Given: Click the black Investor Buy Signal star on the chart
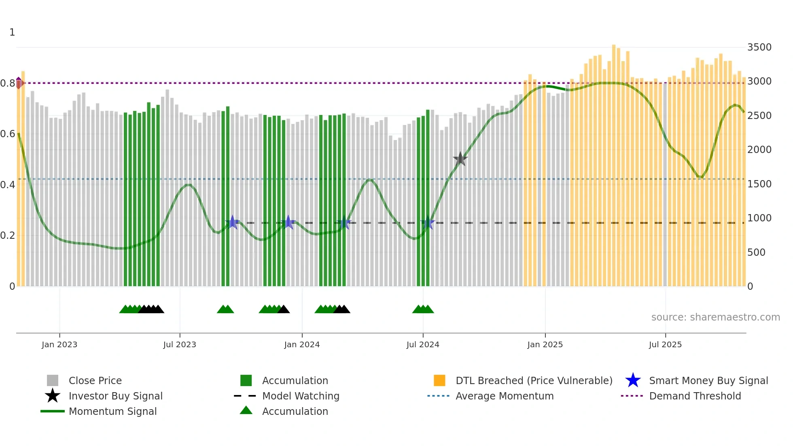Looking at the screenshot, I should coord(460,159).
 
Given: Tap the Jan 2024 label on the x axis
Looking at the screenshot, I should coord(302,344).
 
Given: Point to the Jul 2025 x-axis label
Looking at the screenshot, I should coord(665,344).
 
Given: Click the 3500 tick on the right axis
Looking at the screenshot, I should coord(759,47).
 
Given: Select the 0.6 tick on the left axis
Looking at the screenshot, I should coord(8,134).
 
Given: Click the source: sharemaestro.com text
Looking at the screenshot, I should coord(715,317).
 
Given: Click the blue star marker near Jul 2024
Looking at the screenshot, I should coord(428,223).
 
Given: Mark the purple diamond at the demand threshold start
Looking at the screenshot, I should coord(19,83).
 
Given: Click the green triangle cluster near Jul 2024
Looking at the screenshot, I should coord(423,309).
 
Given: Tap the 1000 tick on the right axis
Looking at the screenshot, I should coord(759,218).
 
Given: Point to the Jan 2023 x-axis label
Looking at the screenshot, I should coord(59,344).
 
